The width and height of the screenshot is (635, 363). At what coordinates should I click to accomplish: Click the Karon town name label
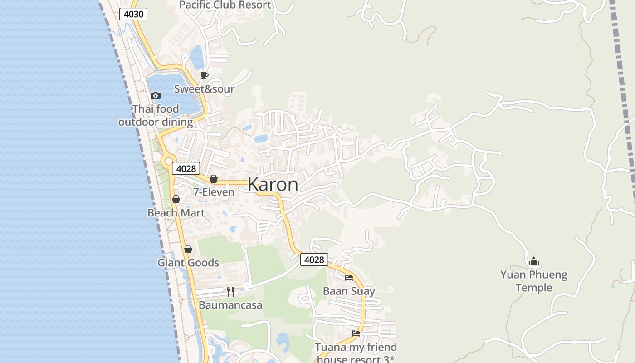click(273, 184)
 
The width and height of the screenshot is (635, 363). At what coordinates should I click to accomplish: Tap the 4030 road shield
click(133, 14)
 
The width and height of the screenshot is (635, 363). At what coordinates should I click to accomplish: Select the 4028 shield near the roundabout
click(186, 169)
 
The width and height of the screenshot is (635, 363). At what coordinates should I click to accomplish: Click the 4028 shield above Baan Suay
click(314, 260)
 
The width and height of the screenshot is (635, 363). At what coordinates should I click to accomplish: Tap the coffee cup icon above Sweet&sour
click(205, 75)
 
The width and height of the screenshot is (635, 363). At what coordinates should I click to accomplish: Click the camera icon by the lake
click(155, 95)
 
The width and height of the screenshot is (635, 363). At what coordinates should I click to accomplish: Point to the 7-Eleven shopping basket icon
click(213, 179)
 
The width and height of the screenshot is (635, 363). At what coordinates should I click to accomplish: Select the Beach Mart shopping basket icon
click(176, 199)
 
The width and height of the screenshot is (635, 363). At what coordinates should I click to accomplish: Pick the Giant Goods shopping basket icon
click(188, 249)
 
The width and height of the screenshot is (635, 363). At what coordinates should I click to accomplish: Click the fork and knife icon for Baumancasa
click(230, 291)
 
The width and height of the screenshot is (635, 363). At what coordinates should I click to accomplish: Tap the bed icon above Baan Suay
click(348, 277)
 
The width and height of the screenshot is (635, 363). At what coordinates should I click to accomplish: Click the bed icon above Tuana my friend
click(356, 334)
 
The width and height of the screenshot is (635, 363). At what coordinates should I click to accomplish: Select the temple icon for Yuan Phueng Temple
click(534, 261)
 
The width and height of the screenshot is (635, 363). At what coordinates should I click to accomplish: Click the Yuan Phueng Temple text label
click(534, 281)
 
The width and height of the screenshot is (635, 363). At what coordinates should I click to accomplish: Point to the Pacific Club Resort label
click(225, 5)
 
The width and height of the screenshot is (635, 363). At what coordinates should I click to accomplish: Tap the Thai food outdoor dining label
click(156, 115)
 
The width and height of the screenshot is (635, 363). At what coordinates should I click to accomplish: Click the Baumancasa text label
click(230, 305)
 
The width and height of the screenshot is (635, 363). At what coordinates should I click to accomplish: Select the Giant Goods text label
click(188, 263)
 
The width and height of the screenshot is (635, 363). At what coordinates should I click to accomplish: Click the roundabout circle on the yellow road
click(168, 161)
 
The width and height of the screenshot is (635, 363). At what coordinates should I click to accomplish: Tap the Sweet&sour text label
click(204, 89)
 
